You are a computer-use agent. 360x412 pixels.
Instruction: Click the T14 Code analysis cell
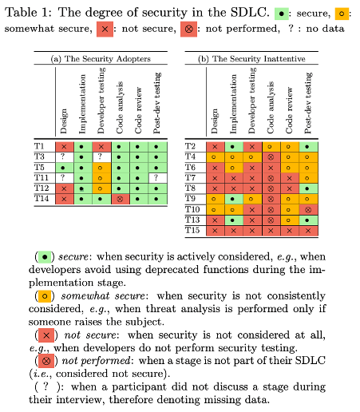(121, 199)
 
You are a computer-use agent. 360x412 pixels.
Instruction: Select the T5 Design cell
(65, 168)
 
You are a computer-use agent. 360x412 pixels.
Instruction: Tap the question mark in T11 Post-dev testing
(156, 177)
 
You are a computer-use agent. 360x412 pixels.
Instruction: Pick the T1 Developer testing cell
(101, 147)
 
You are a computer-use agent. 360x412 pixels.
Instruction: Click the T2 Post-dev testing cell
(308, 147)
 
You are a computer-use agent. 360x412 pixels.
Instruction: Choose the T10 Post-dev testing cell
(308, 210)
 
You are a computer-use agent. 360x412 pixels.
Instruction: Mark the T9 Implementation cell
(234, 199)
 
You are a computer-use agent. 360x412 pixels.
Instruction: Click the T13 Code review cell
(290, 220)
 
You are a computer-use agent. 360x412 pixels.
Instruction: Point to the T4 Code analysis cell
(271, 157)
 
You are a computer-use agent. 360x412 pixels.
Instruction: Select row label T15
(192, 230)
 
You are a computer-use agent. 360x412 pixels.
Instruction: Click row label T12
(42, 188)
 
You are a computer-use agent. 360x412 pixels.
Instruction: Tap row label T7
(191, 178)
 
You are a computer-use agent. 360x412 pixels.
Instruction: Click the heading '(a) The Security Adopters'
(101, 58)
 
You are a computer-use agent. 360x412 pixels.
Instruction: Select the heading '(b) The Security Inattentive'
(251, 58)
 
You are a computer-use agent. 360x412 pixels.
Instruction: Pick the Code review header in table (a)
(138, 110)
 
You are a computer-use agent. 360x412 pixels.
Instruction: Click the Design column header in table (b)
(215, 121)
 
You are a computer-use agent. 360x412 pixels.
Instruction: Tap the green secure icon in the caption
(282, 14)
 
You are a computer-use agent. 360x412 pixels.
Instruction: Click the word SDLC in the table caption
(250, 12)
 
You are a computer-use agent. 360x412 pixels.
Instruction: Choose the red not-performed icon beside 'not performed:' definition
(46, 361)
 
